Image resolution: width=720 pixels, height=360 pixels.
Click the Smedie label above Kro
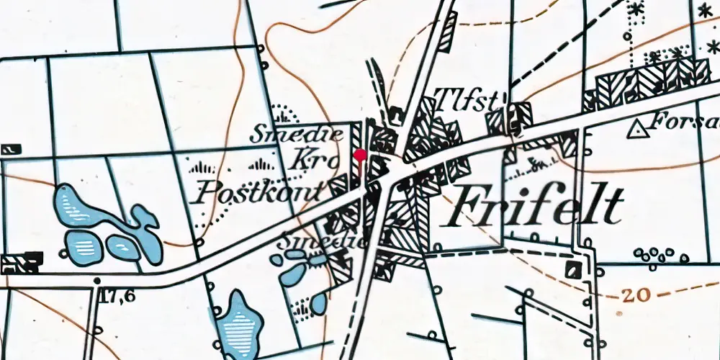[x=286, y=134]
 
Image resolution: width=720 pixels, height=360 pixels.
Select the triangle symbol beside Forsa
[x=636, y=130]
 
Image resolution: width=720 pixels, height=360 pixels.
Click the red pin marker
[x=361, y=153]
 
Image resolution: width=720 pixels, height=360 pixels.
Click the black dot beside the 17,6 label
[x=96, y=280]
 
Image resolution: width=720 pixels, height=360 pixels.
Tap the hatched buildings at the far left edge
[x=20, y=263]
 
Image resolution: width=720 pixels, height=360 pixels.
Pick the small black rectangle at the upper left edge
[x=10, y=149]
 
